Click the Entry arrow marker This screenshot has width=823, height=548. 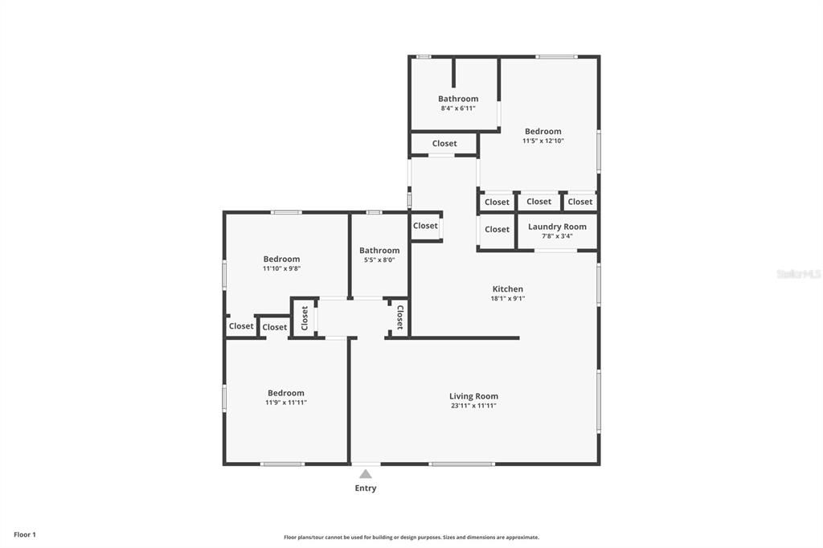(x=366, y=474)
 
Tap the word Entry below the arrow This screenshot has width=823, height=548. (x=366, y=488)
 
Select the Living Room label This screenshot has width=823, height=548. (x=473, y=396)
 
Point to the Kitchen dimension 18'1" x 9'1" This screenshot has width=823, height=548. (x=507, y=298)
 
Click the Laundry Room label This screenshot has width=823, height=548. (x=557, y=227)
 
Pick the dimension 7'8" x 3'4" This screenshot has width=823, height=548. (x=557, y=236)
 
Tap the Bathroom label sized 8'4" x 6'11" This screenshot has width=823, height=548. (x=458, y=99)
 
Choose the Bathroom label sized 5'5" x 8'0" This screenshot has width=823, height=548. (x=379, y=251)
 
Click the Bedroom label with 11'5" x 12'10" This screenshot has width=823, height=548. (x=543, y=131)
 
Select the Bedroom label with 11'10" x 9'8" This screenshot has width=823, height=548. (x=281, y=259)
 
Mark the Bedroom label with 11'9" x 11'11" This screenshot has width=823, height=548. (x=286, y=393)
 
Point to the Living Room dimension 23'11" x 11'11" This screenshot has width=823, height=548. (x=473, y=406)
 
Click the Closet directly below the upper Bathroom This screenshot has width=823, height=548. (x=444, y=144)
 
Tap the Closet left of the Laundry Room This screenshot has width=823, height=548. (x=497, y=229)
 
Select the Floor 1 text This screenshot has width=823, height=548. (x=25, y=534)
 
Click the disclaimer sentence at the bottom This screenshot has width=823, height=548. (x=411, y=538)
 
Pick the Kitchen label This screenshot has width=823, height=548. (x=507, y=288)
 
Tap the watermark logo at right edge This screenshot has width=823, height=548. (x=798, y=274)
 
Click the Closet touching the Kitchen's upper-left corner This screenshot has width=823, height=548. (x=425, y=226)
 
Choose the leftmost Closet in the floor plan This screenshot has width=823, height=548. (x=241, y=326)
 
